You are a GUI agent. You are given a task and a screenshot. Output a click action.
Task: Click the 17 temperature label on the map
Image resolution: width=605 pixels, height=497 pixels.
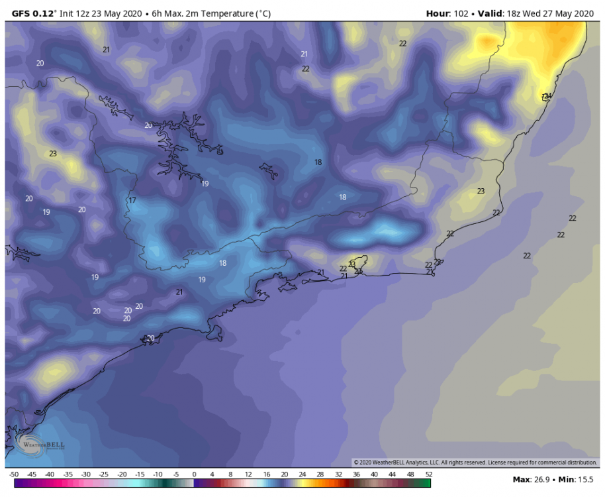point(132,200)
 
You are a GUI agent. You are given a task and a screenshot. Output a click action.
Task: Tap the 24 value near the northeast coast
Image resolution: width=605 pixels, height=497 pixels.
point(547,96)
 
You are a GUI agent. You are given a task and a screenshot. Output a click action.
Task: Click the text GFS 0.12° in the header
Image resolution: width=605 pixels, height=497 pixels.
point(35,13)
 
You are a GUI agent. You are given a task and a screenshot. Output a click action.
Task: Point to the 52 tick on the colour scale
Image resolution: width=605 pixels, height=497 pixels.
point(428,474)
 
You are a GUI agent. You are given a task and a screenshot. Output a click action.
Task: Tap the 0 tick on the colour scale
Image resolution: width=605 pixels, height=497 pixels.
point(194,474)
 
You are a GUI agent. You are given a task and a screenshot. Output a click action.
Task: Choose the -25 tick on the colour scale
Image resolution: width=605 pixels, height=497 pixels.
point(103,474)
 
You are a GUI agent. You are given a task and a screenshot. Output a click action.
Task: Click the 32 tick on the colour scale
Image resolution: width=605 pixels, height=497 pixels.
point(338,474)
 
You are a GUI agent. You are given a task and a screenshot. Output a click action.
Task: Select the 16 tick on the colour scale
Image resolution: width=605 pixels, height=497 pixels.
point(266,474)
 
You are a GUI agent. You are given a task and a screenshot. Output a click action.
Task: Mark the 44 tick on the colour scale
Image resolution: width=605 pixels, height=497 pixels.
point(393,474)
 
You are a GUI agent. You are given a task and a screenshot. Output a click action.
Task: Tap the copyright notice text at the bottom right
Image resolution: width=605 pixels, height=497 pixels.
point(475,462)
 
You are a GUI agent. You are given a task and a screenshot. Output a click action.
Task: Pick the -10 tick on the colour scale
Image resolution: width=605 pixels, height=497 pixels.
point(158,474)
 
